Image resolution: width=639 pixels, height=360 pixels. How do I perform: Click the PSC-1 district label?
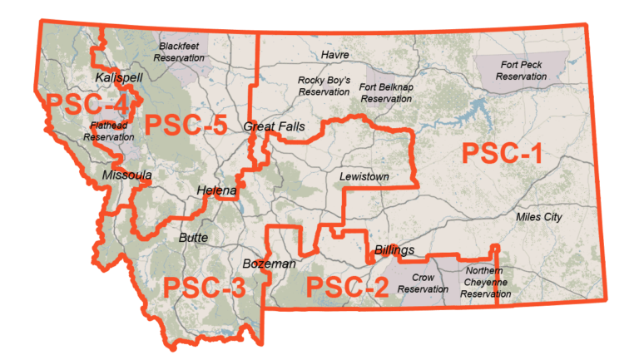point(502,155)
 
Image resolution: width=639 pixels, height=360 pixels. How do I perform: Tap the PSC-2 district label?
point(348,288)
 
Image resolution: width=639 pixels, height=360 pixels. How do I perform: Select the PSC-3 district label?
point(204,288)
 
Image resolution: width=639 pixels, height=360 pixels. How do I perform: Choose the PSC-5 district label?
point(186,126)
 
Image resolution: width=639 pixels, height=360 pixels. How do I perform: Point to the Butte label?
point(194,237)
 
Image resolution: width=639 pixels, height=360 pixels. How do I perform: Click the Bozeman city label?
point(269,264)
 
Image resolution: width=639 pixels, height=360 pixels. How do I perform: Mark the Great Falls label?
point(275,127)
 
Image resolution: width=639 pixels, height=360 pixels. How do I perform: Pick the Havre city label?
point(334,55)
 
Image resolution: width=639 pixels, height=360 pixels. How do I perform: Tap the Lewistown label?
point(364,177)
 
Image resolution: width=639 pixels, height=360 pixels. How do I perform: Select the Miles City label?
point(539,217)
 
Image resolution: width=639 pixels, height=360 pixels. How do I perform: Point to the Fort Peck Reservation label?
point(521,70)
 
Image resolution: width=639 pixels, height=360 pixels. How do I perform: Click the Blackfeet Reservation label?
point(181,52)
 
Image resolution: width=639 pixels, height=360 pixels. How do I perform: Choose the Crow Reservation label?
point(423,284)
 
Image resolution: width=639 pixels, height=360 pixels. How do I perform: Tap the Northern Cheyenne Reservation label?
point(486,282)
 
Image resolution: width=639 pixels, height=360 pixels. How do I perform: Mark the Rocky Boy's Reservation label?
point(324,86)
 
